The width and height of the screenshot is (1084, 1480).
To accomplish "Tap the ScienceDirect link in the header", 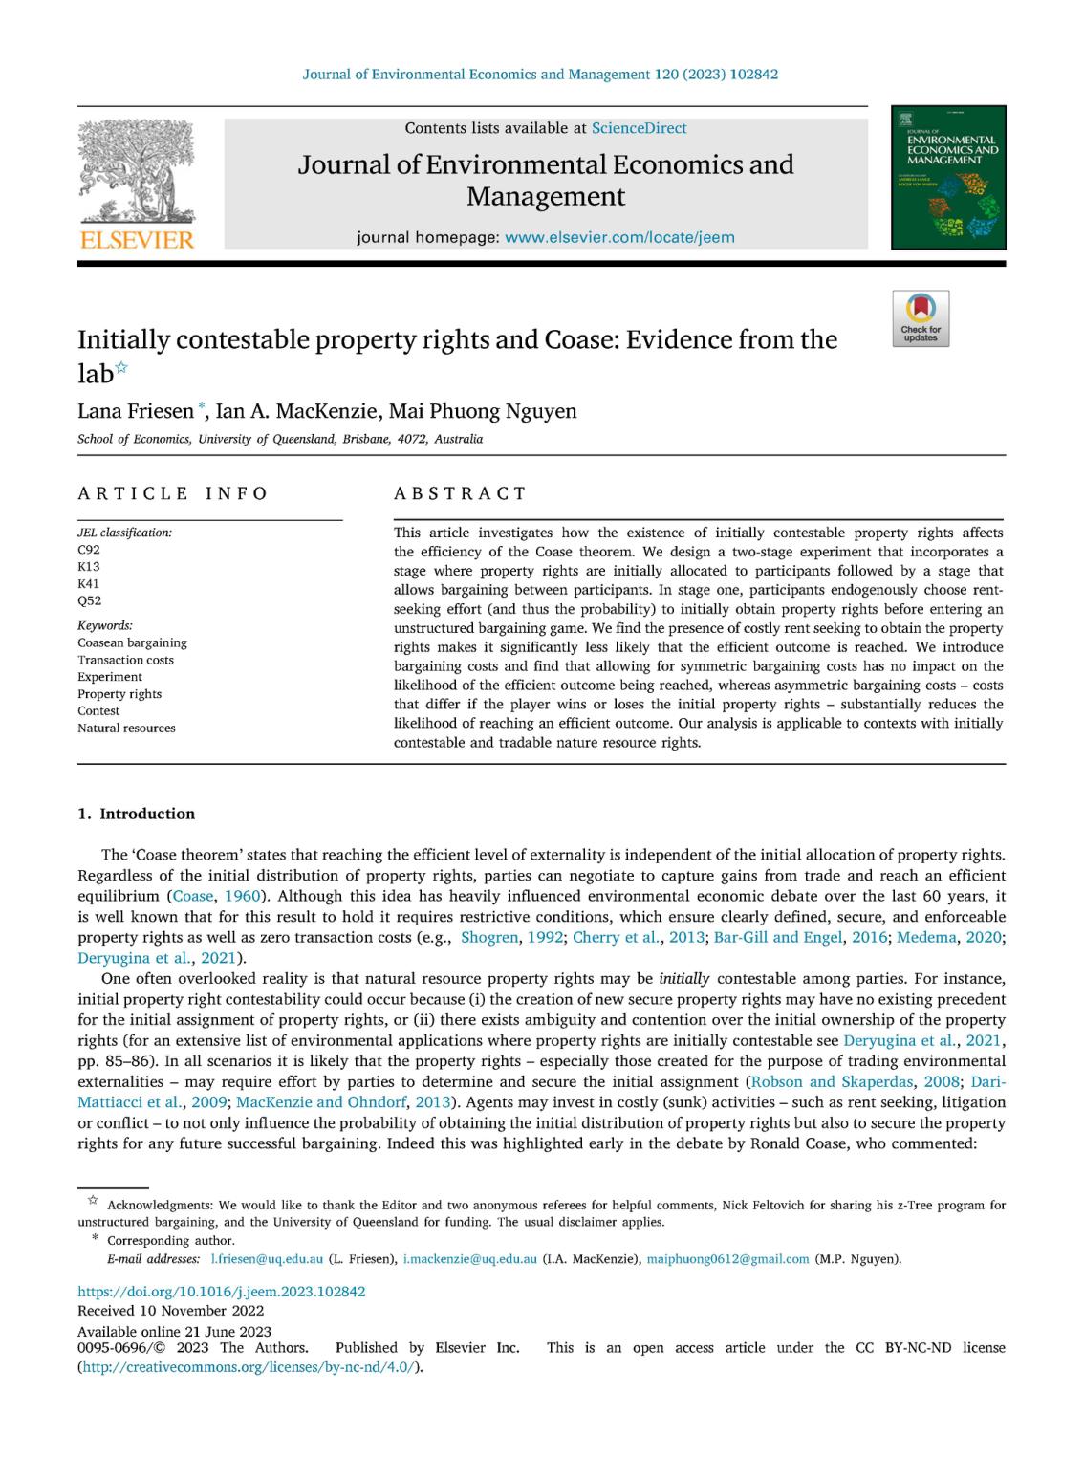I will pyautogui.click(x=639, y=128).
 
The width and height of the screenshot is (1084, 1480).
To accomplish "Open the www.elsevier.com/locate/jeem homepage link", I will pyautogui.click(x=619, y=238).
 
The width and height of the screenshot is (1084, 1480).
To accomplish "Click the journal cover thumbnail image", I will pyautogui.click(x=948, y=177).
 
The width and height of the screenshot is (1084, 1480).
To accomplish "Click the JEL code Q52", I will pyautogui.click(x=89, y=601).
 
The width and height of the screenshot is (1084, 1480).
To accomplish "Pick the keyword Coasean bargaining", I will pyautogui.click(x=132, y=643).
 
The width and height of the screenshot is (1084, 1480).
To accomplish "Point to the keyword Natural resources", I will pyautogui.click(x=126, y=729).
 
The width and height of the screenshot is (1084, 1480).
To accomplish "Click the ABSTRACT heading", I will pyautogui.click(x=460, y=493).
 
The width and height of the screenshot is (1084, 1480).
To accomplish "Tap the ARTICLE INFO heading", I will pyautogui.click(x=173, y=493).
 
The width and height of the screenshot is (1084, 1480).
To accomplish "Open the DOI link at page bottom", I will pyautogui.click(x=221, y=1292).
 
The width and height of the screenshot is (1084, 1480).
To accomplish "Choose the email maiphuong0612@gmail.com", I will pyautogui.click(x=727, y=1259).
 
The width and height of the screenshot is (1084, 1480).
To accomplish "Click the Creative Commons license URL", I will pyautogui.click(x=249, y=1367).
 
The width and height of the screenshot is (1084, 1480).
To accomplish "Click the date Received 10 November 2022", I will pyautogui.click(x=170, y=1311).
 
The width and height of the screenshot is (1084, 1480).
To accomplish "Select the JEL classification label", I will pyautogui.click(x=124, y=533).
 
